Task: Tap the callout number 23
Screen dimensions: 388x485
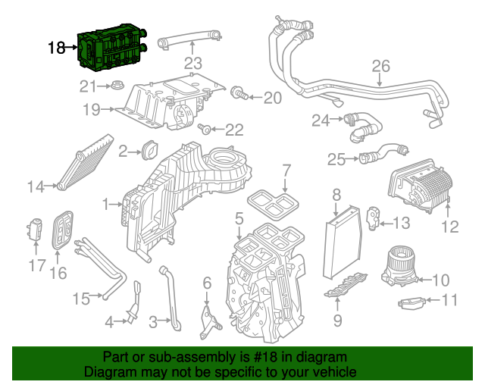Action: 192,62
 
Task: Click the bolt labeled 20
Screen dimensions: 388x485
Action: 239,95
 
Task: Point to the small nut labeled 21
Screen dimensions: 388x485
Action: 117,86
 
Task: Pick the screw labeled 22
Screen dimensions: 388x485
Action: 204,130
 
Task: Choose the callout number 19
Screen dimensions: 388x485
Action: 91,110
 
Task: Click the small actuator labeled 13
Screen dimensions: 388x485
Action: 374,216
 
